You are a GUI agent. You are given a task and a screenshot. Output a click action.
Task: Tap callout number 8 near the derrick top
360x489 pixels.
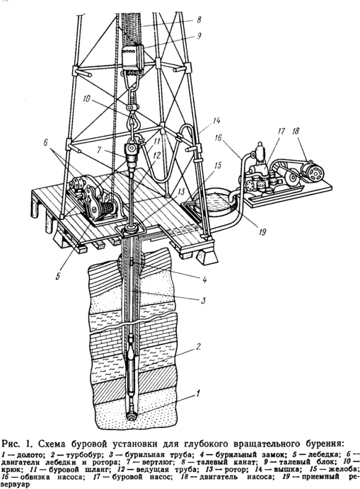tap(198, 21)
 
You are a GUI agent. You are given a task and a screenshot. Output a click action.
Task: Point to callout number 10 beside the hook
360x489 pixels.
tap(86, 99)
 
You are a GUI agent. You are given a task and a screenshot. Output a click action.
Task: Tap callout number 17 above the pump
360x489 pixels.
tap(281, 132)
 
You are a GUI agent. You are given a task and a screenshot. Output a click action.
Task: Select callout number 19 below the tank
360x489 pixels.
tap(262, 231)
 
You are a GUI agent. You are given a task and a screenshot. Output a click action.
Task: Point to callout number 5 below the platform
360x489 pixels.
tap(57, 276)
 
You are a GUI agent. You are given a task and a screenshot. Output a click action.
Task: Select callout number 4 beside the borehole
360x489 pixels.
tap(204, 280)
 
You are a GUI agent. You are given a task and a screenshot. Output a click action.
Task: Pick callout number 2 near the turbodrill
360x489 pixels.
tap(198, 347)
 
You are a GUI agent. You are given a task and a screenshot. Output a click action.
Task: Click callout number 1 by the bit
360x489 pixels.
tap(197, 393)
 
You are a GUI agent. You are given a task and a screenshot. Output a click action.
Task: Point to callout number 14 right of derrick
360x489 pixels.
tap(216, 120)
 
